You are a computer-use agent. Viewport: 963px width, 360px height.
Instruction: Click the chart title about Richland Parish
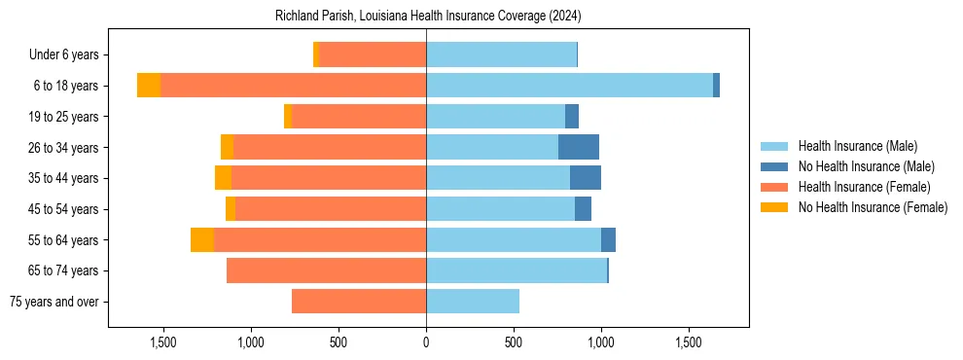(x=426, y=17)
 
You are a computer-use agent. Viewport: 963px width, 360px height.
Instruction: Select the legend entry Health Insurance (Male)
(x=857, y=146)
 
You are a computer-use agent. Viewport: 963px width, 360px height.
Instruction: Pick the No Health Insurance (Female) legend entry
(x=872, y=207)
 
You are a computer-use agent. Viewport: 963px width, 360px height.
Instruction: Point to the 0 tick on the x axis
(x=426, y=342)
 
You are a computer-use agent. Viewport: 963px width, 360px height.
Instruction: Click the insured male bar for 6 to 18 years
(x=569, y=86)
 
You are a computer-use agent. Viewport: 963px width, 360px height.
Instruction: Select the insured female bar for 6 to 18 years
(x=293, y=86)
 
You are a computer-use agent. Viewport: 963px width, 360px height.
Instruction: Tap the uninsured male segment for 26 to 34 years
(x=579, y=147)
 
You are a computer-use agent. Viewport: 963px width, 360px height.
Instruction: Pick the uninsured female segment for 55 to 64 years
(x=202, y=240)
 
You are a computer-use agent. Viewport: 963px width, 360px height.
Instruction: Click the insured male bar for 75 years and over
(x=473, y=302)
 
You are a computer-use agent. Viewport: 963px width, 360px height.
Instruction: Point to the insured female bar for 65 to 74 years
(x=326, y=270)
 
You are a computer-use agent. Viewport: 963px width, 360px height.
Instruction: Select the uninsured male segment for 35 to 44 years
(x=586, y=178)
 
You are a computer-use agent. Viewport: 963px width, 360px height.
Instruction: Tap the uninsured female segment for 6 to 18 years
(x=149, y=86)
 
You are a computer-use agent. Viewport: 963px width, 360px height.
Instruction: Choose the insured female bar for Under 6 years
(x=373, y=55)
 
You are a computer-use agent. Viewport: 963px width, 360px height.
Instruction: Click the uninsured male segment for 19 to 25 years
(x=572, y=117)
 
